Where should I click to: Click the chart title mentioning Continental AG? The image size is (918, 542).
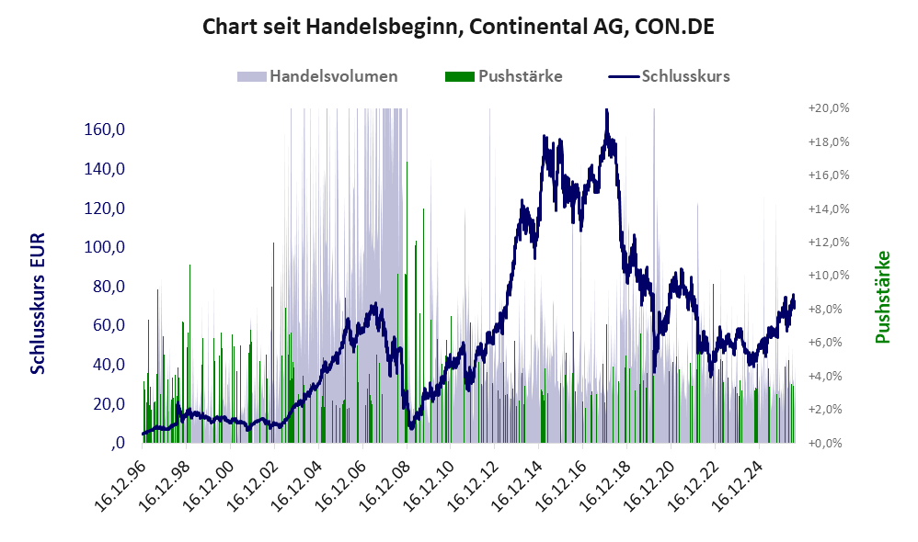pos(458,27)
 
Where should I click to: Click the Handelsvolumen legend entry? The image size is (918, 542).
pos(317,76)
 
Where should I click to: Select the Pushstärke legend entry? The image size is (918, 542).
pos(503,76)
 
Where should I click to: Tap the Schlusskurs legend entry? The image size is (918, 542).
pos(669,76)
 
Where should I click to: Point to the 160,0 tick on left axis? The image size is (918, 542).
pos(105,130)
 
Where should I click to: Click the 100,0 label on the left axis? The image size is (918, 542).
pos(105,247)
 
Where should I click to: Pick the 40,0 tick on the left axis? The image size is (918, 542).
pos(109,365)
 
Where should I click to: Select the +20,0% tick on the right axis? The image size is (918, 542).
pos(829,108)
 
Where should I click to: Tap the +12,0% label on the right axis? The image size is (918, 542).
pos(829,242)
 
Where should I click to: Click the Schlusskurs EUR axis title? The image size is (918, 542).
pos(38,303)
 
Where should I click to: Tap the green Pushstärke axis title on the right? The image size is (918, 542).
pos(882,297)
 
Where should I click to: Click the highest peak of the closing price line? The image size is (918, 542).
pos(606,110)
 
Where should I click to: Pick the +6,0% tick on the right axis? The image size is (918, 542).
pos(829,343)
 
